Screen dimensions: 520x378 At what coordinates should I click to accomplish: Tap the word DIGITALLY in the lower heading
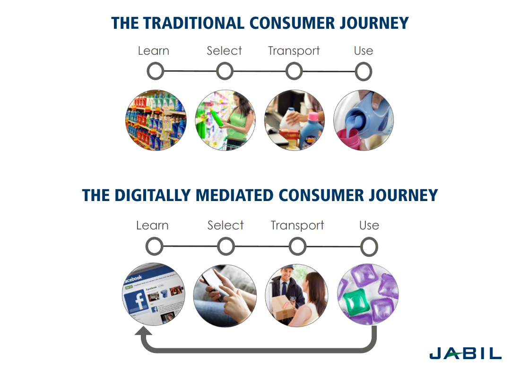click(153, 195)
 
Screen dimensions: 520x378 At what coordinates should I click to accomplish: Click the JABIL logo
click(466, 353)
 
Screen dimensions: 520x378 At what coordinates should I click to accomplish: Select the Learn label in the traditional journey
click(154, 51)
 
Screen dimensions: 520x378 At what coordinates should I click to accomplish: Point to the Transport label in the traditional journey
click(294, 51)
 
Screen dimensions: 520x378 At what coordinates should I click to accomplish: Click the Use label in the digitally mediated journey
click(369, 226)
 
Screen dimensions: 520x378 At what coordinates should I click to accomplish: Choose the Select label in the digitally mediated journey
click(225, 226)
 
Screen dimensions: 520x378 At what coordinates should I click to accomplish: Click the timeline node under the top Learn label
click(156, 72)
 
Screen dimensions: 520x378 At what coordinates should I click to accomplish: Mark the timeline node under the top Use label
click(364, 72)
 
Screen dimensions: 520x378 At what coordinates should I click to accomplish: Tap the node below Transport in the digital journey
click(297, 247)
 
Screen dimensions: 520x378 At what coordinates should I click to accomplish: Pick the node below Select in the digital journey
click(226, 247)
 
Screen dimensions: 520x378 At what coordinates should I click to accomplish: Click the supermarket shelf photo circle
click(156, 120)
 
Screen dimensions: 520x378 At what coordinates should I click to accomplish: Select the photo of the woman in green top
click(225, 120)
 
